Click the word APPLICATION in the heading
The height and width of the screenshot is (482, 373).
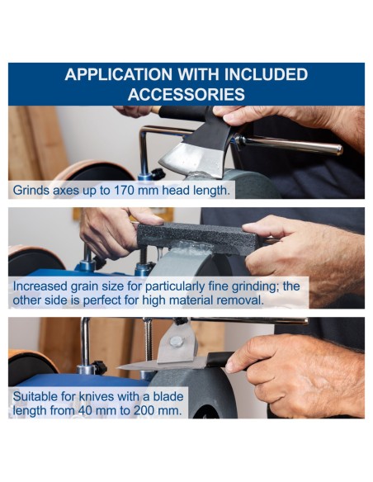point(119,75)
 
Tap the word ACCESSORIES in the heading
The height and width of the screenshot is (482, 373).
point(186,94)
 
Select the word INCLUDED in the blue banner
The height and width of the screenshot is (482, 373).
point(266,75)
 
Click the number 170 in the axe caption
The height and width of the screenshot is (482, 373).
point(125,191)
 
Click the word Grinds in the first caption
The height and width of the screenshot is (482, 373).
point(31,191)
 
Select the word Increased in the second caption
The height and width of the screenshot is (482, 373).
point(40,286)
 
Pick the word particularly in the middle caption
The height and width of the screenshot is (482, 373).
point(175,286)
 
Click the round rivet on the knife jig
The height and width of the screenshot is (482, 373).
point(176,342)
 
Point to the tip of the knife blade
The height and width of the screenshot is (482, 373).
point(118,367)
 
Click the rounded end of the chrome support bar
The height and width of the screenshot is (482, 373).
point(338,149)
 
